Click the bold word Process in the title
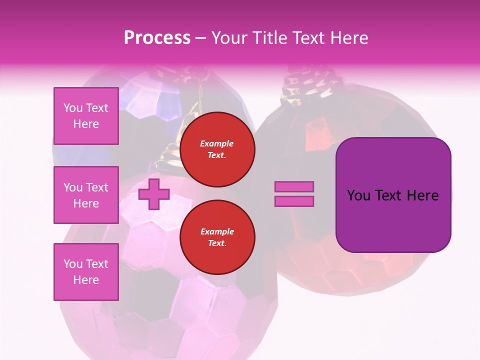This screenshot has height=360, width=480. click(x=157, y=38)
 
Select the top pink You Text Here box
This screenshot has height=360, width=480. click(x=86, y=116)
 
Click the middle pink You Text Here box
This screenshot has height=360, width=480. click(x=86, y=195)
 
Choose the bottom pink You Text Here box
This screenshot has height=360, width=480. click(x=86, y=272)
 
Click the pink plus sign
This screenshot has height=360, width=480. click(x=154, y=194)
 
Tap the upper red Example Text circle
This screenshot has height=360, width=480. click(x=217, y=149)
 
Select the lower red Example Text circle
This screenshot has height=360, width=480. click(x=217, y=237)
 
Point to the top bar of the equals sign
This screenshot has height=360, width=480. click(x=294, y=186)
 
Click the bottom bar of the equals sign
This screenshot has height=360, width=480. click(x=294, y=201)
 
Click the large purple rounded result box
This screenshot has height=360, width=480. click(x=393, y=195)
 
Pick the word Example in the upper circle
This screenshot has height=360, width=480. click(x=216, y=143)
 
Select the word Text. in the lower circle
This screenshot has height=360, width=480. click(x=217, y=243)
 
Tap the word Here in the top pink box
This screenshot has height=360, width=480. click(x=86, y=124)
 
